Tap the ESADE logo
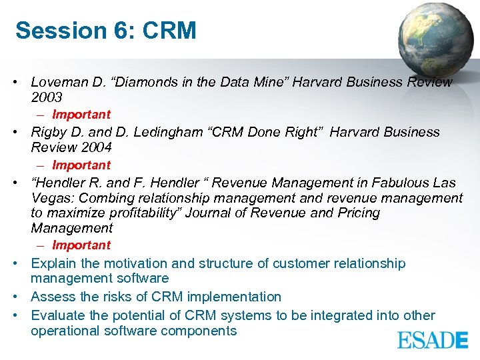click(x=433, y=341)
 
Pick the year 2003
click(x=47, y=97)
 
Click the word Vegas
click(x=51, y=198)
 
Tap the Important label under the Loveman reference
click(x=81, y=115)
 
